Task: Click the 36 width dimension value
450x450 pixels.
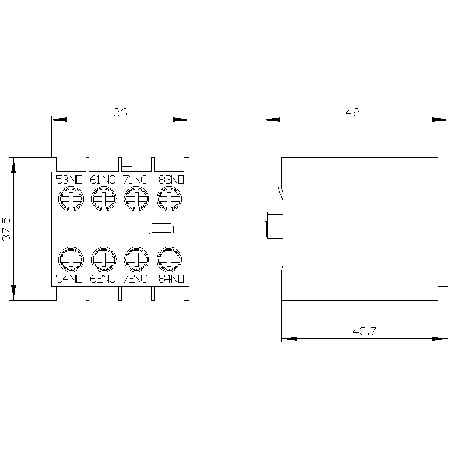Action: (120, 112)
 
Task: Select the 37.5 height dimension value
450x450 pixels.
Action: (6, 229)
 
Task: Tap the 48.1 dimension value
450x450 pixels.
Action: (356, 112)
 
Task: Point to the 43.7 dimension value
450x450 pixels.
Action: (364, 331)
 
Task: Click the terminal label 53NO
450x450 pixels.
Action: (69, 180)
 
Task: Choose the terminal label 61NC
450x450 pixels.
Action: (103, 180)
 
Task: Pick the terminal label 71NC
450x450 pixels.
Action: (135, 180)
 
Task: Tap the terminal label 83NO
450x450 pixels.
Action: (171, 180)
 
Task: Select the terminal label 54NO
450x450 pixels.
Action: (69, 279)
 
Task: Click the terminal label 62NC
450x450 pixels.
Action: (103, 279)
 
